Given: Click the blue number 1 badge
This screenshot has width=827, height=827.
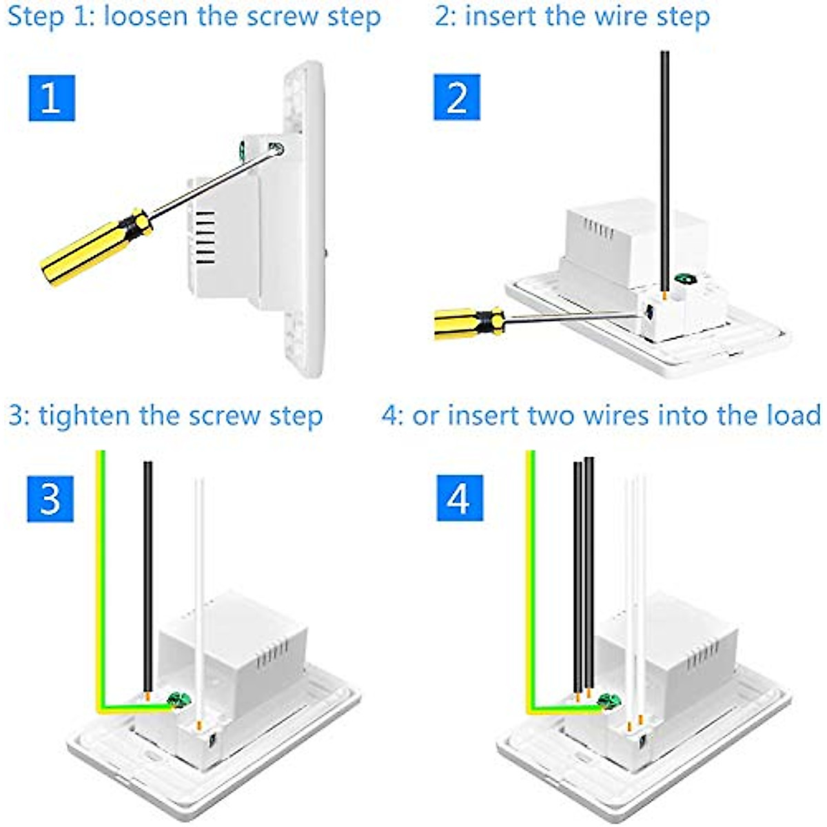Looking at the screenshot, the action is coord(52,98).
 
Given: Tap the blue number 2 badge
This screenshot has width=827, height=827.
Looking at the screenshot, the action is coord(457,98).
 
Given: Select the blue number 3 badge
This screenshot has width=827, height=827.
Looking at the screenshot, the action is coord(50,498).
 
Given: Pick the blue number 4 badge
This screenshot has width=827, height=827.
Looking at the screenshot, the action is coord(460,498).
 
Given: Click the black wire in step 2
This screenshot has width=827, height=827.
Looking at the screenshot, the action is coord(664,172).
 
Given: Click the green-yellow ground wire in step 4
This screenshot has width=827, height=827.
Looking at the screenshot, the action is coord(531,586).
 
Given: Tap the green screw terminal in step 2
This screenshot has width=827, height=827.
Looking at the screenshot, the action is coord(684,279).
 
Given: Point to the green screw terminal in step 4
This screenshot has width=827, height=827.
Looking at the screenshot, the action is coord(609,702).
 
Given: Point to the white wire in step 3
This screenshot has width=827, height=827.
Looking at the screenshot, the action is coord(198,586).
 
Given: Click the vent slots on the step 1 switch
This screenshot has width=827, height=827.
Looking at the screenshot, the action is coord(205,238).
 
